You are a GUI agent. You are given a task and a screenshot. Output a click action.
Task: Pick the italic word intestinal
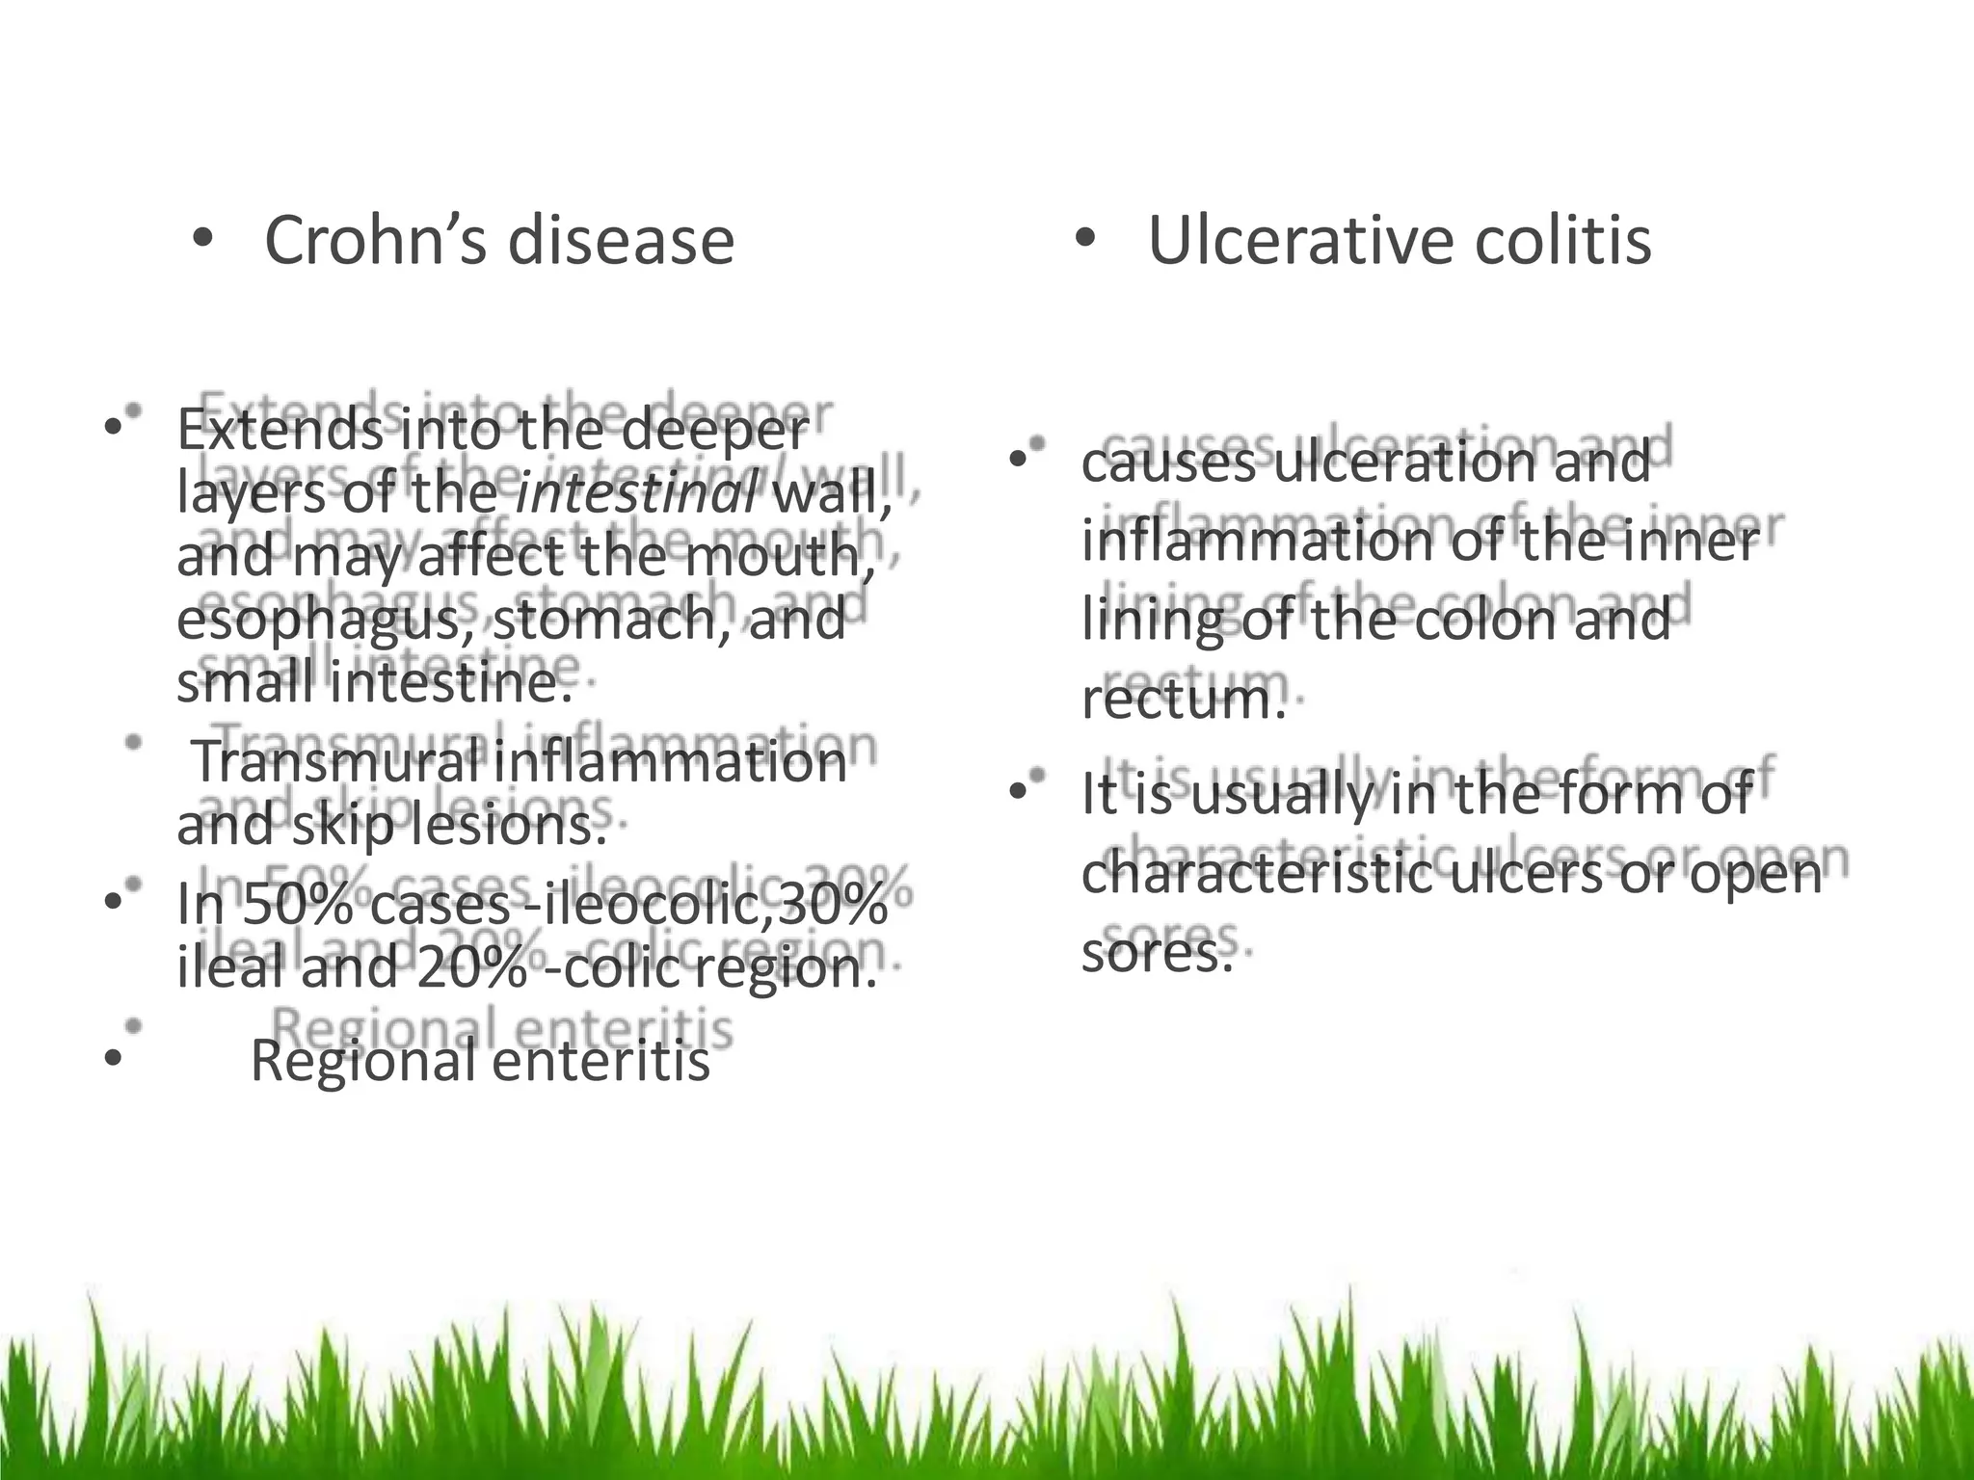(637, 494)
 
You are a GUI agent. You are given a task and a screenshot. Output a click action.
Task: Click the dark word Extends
(279, 430)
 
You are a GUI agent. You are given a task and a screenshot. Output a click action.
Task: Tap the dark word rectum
(1183, 699)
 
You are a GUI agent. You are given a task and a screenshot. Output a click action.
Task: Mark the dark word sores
(1156, 954)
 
